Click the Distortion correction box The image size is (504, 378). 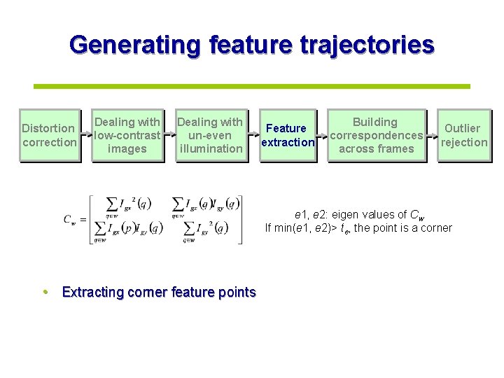[48, 135]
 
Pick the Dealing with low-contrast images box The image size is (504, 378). [127, 135]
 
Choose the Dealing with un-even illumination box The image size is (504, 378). [211, 135]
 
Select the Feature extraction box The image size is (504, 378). [288, 135]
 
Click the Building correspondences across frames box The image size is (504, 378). [377, 135]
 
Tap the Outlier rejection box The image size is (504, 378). [464, 135]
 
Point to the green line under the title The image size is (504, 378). [252, 86]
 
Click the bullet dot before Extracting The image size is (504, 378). [45, 292]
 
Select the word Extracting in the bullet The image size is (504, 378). [92, 292]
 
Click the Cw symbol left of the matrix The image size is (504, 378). [70, 219]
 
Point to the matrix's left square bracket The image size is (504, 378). [91, 219]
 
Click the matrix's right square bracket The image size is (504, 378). [242, 219]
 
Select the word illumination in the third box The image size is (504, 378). [211, 148]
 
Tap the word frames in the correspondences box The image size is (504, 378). [396, 148]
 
